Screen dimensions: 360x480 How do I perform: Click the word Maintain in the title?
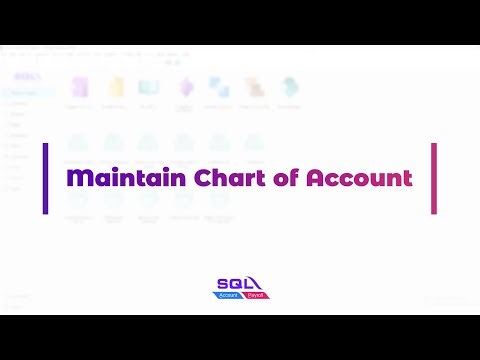(114, 179)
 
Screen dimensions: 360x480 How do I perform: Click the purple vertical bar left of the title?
(46, 178)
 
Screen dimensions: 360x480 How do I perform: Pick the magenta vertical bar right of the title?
(434, 178)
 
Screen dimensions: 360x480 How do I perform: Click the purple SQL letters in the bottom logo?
(234, 284)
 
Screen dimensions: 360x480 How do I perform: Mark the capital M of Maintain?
(76, 179)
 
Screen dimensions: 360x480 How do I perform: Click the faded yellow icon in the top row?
(116, 86)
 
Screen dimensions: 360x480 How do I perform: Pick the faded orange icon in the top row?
(254, 87)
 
